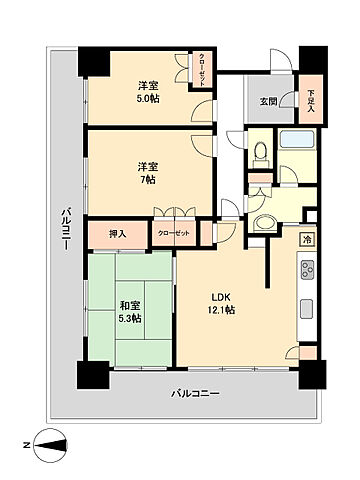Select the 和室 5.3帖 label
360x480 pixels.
(129, 310)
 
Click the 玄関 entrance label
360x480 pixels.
(268, 100)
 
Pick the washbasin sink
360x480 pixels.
(266, 222)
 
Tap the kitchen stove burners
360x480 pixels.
(307, 270)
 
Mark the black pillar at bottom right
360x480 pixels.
(312, 372)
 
